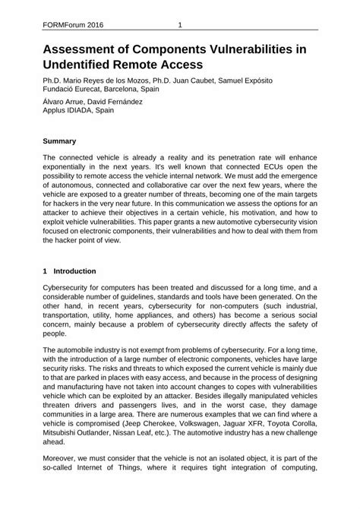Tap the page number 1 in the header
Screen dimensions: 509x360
point(180,25)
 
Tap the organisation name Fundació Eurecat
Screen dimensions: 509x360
point(75,90)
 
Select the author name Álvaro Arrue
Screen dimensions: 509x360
point(67,104)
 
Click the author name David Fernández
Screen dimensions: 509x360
point(126,104)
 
